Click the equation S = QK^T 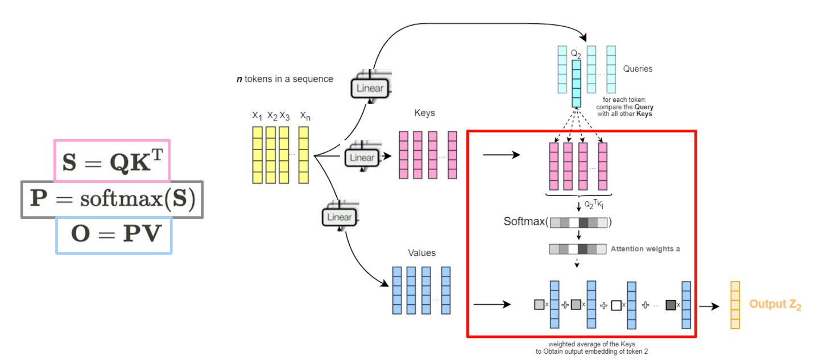click(112, 160)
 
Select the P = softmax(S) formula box click(112, 200)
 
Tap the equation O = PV click(114, 234)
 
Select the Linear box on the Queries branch click(370, 88)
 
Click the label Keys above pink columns click(424, 113)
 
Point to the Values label click(421, 253)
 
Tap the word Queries click(638, 69)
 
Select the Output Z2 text click(775, 304)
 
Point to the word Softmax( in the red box click(526, 221)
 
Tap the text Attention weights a click(645, 249)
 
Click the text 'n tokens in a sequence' click(285, 79)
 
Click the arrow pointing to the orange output click(710, 305)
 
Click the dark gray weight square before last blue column click(671, 305)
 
